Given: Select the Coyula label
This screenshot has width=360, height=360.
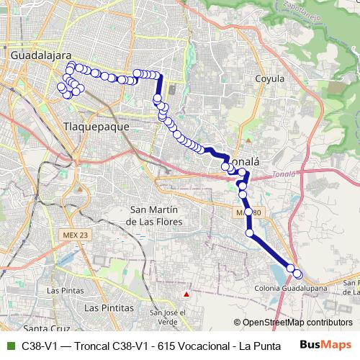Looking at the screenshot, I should click(x=270, y=78).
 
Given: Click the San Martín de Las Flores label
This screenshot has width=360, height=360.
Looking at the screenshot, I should click(x=153, y=215).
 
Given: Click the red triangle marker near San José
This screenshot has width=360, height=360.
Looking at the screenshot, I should click(x=186, y=294).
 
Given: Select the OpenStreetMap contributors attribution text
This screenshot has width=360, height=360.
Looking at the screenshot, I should click(x=297, y=323).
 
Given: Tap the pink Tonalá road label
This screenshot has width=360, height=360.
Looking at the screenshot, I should click(x=284, y=174).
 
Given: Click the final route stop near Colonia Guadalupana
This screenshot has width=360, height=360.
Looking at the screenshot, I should click(x=297, y=274).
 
